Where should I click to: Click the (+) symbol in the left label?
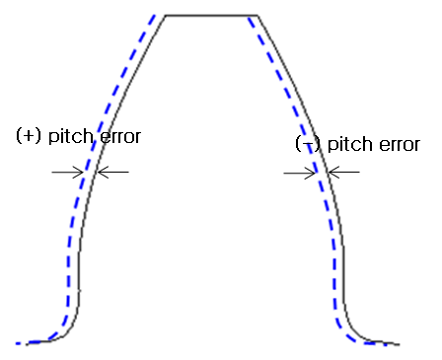click(x=29, y=136)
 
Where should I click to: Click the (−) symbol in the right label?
click(x=308, y=144)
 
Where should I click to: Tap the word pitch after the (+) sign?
click(x=65, y=136)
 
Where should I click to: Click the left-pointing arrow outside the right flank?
click(x=344, y=173)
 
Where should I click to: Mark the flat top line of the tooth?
click(x=210, y=16)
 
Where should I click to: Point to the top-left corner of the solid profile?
click(x=165, y=16)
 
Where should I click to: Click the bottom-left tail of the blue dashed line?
click(x=20, y=343)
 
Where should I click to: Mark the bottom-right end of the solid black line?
click(x=399, y=344)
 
